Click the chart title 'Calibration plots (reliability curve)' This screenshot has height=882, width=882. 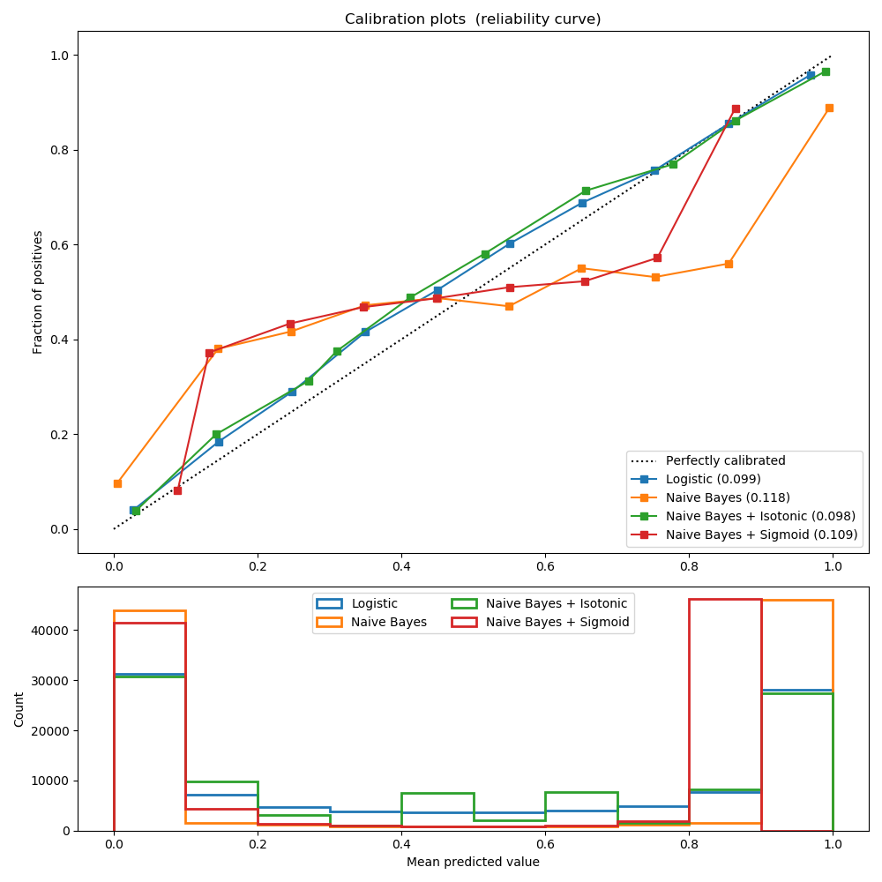[x=473, y=19]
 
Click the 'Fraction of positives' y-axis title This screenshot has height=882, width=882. [x=38, y=292]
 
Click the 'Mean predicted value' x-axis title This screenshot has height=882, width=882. [x=473, y=862]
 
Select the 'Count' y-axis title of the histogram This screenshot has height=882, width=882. [x=19, y=709]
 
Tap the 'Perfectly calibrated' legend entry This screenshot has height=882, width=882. [x=725, y=460]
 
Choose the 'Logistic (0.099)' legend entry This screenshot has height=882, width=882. [x=713, y=479]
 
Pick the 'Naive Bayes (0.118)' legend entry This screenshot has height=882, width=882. [x=728, y=497]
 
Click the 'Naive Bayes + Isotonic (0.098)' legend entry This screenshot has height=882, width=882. [x=760, y=516]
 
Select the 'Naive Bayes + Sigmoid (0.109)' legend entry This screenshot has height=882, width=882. [x=761, y=534]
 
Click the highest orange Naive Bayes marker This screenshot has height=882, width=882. [x=829, y=108]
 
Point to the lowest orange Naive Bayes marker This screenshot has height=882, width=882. [x=117, y=483]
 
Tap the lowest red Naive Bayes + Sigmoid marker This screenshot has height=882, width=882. [x=177, y=490]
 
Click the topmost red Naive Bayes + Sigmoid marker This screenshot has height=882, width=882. [x=736, y=108]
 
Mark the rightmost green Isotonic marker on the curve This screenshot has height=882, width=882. [x=826, y=71]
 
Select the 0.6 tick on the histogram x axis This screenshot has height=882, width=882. [x=545, y=844]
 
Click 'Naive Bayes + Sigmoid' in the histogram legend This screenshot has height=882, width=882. [x=557, y=623]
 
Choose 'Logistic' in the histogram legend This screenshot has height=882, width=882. [x=374, y=604]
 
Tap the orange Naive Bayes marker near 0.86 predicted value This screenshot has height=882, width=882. [x=729, y=264]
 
